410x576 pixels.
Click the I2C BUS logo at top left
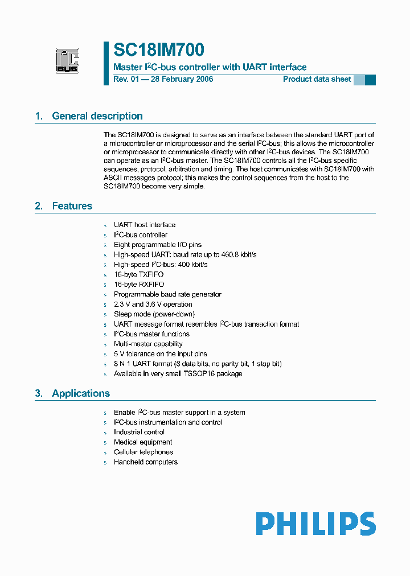67,61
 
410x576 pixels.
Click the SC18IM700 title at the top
159,51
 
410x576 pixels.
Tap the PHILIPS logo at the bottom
315,524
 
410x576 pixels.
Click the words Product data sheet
317,79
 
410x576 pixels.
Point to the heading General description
97,116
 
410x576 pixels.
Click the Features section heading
72,206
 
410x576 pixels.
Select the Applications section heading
80,393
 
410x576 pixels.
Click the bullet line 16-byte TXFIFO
138,274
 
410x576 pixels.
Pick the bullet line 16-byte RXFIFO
139,285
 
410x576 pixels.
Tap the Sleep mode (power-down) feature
154,314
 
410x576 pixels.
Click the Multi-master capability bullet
148,344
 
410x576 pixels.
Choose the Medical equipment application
143,442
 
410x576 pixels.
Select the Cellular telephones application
143,452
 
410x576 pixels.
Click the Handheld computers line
145,462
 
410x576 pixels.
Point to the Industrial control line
139,432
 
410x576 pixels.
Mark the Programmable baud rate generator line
167,294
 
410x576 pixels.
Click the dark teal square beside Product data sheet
370,80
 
